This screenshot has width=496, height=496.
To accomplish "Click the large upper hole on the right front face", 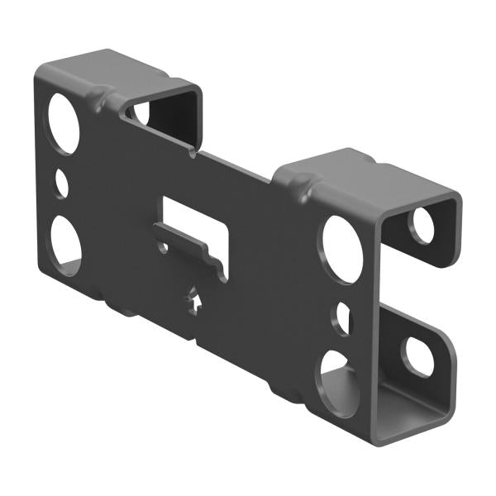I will [x=341, y=249].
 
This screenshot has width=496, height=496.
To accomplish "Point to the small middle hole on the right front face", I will [x=343, y=319].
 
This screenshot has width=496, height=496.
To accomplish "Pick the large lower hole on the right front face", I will [x=339, y=382].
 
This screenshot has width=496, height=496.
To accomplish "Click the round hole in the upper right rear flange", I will [x=423, y=226].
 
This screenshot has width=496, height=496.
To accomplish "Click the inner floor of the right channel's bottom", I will [x=372, y=413].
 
